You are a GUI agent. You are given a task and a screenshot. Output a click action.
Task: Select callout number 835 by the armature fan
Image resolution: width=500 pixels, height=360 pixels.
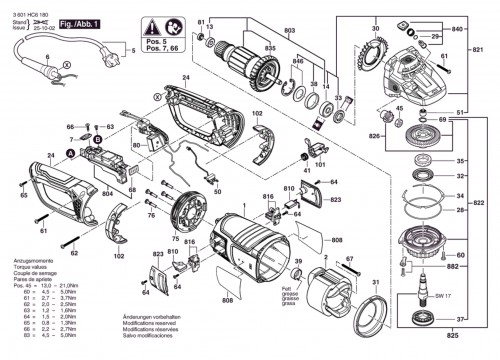[269, 48]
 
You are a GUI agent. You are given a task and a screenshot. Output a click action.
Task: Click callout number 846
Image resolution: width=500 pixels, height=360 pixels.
[296, 62]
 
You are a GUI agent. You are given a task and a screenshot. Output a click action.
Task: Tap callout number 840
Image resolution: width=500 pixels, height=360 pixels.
[457, 31]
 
